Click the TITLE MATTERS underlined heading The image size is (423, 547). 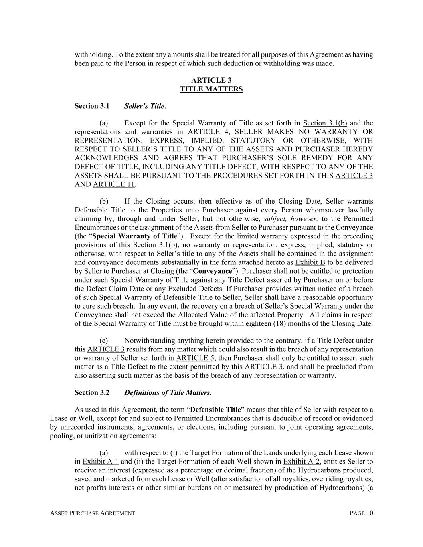pyautogui.click(x=211, y=89)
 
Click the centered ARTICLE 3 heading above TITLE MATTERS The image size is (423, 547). pyautogui.click(x=211, y=80)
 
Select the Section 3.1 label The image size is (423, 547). pyautogui.click(x=92, y=106)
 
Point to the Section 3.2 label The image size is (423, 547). pyautogui.click(x=92, y=393)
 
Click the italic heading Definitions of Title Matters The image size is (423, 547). pyautogui.click(x=167, y=393)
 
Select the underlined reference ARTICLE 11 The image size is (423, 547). pyautogui.click(x=114, y=184)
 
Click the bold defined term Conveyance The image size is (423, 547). pyautogui.click(x=212, y=271)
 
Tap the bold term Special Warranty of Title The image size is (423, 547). pyautogui.click(x=134, y=236)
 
